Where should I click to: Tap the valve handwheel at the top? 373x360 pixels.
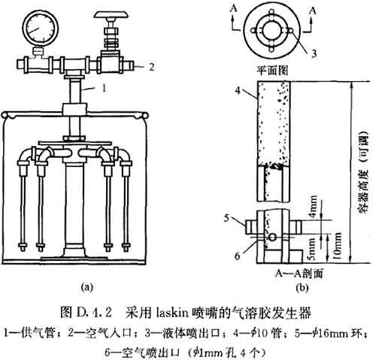click(x=111, y=15)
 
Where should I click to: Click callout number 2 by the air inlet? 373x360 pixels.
click(x=151, y=67)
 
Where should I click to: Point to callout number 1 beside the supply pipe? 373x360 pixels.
click(x=104, y=88)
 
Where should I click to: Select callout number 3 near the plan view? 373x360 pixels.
click(x=314, y=53)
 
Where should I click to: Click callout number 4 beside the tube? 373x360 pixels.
click(x=238, y=91)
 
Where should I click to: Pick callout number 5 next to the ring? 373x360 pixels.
click(x=226, y=218)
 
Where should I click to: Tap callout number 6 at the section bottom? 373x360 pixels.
click(x=237, y=256)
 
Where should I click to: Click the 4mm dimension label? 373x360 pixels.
click(x=313, y=207)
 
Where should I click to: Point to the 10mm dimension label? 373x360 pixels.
click(x=338, y=247)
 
